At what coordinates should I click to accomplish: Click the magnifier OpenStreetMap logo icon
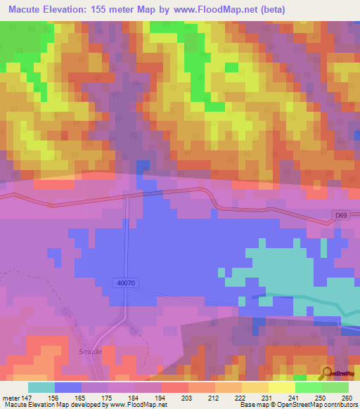[328, 372]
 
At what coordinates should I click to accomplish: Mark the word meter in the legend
[11, 398]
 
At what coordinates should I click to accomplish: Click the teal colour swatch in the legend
[41, 387]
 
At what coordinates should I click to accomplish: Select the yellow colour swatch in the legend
[281, 387]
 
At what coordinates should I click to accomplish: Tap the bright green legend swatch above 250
[308, 387]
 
